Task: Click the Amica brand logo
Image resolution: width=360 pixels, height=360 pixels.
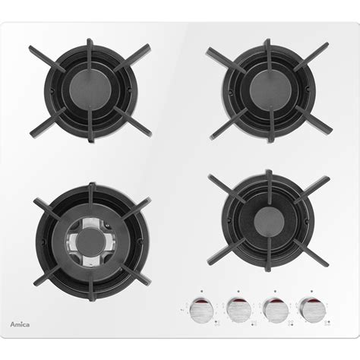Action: pyautogui.click(x=20, y=324)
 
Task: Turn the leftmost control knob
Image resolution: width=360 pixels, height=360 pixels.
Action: pyautogui.click(x=201, y=310)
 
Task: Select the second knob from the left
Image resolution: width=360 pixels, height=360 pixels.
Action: pyautogui.click(x=238, y=310)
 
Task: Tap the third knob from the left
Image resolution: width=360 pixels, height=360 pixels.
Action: pyautogui.click(x=276, y=310)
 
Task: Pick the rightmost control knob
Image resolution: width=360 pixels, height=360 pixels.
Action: pyautogui.click(x=312, y=309)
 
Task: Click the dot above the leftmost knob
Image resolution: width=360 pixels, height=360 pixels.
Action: pyautogui.click(x=201, y=292)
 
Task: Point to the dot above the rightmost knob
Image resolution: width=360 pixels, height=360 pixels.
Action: pyautogui.click(x=311, y=292)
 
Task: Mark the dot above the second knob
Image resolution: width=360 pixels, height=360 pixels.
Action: pyautogui.click(x=238, y=292)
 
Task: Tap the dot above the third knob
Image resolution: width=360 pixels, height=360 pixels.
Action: pyautogui.click(x=275, y=292)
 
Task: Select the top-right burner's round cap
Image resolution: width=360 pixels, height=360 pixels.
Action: pyautogui.click(x=270, y=89)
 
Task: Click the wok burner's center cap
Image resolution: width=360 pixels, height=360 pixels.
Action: pyautogui.click(x=91, y=241)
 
